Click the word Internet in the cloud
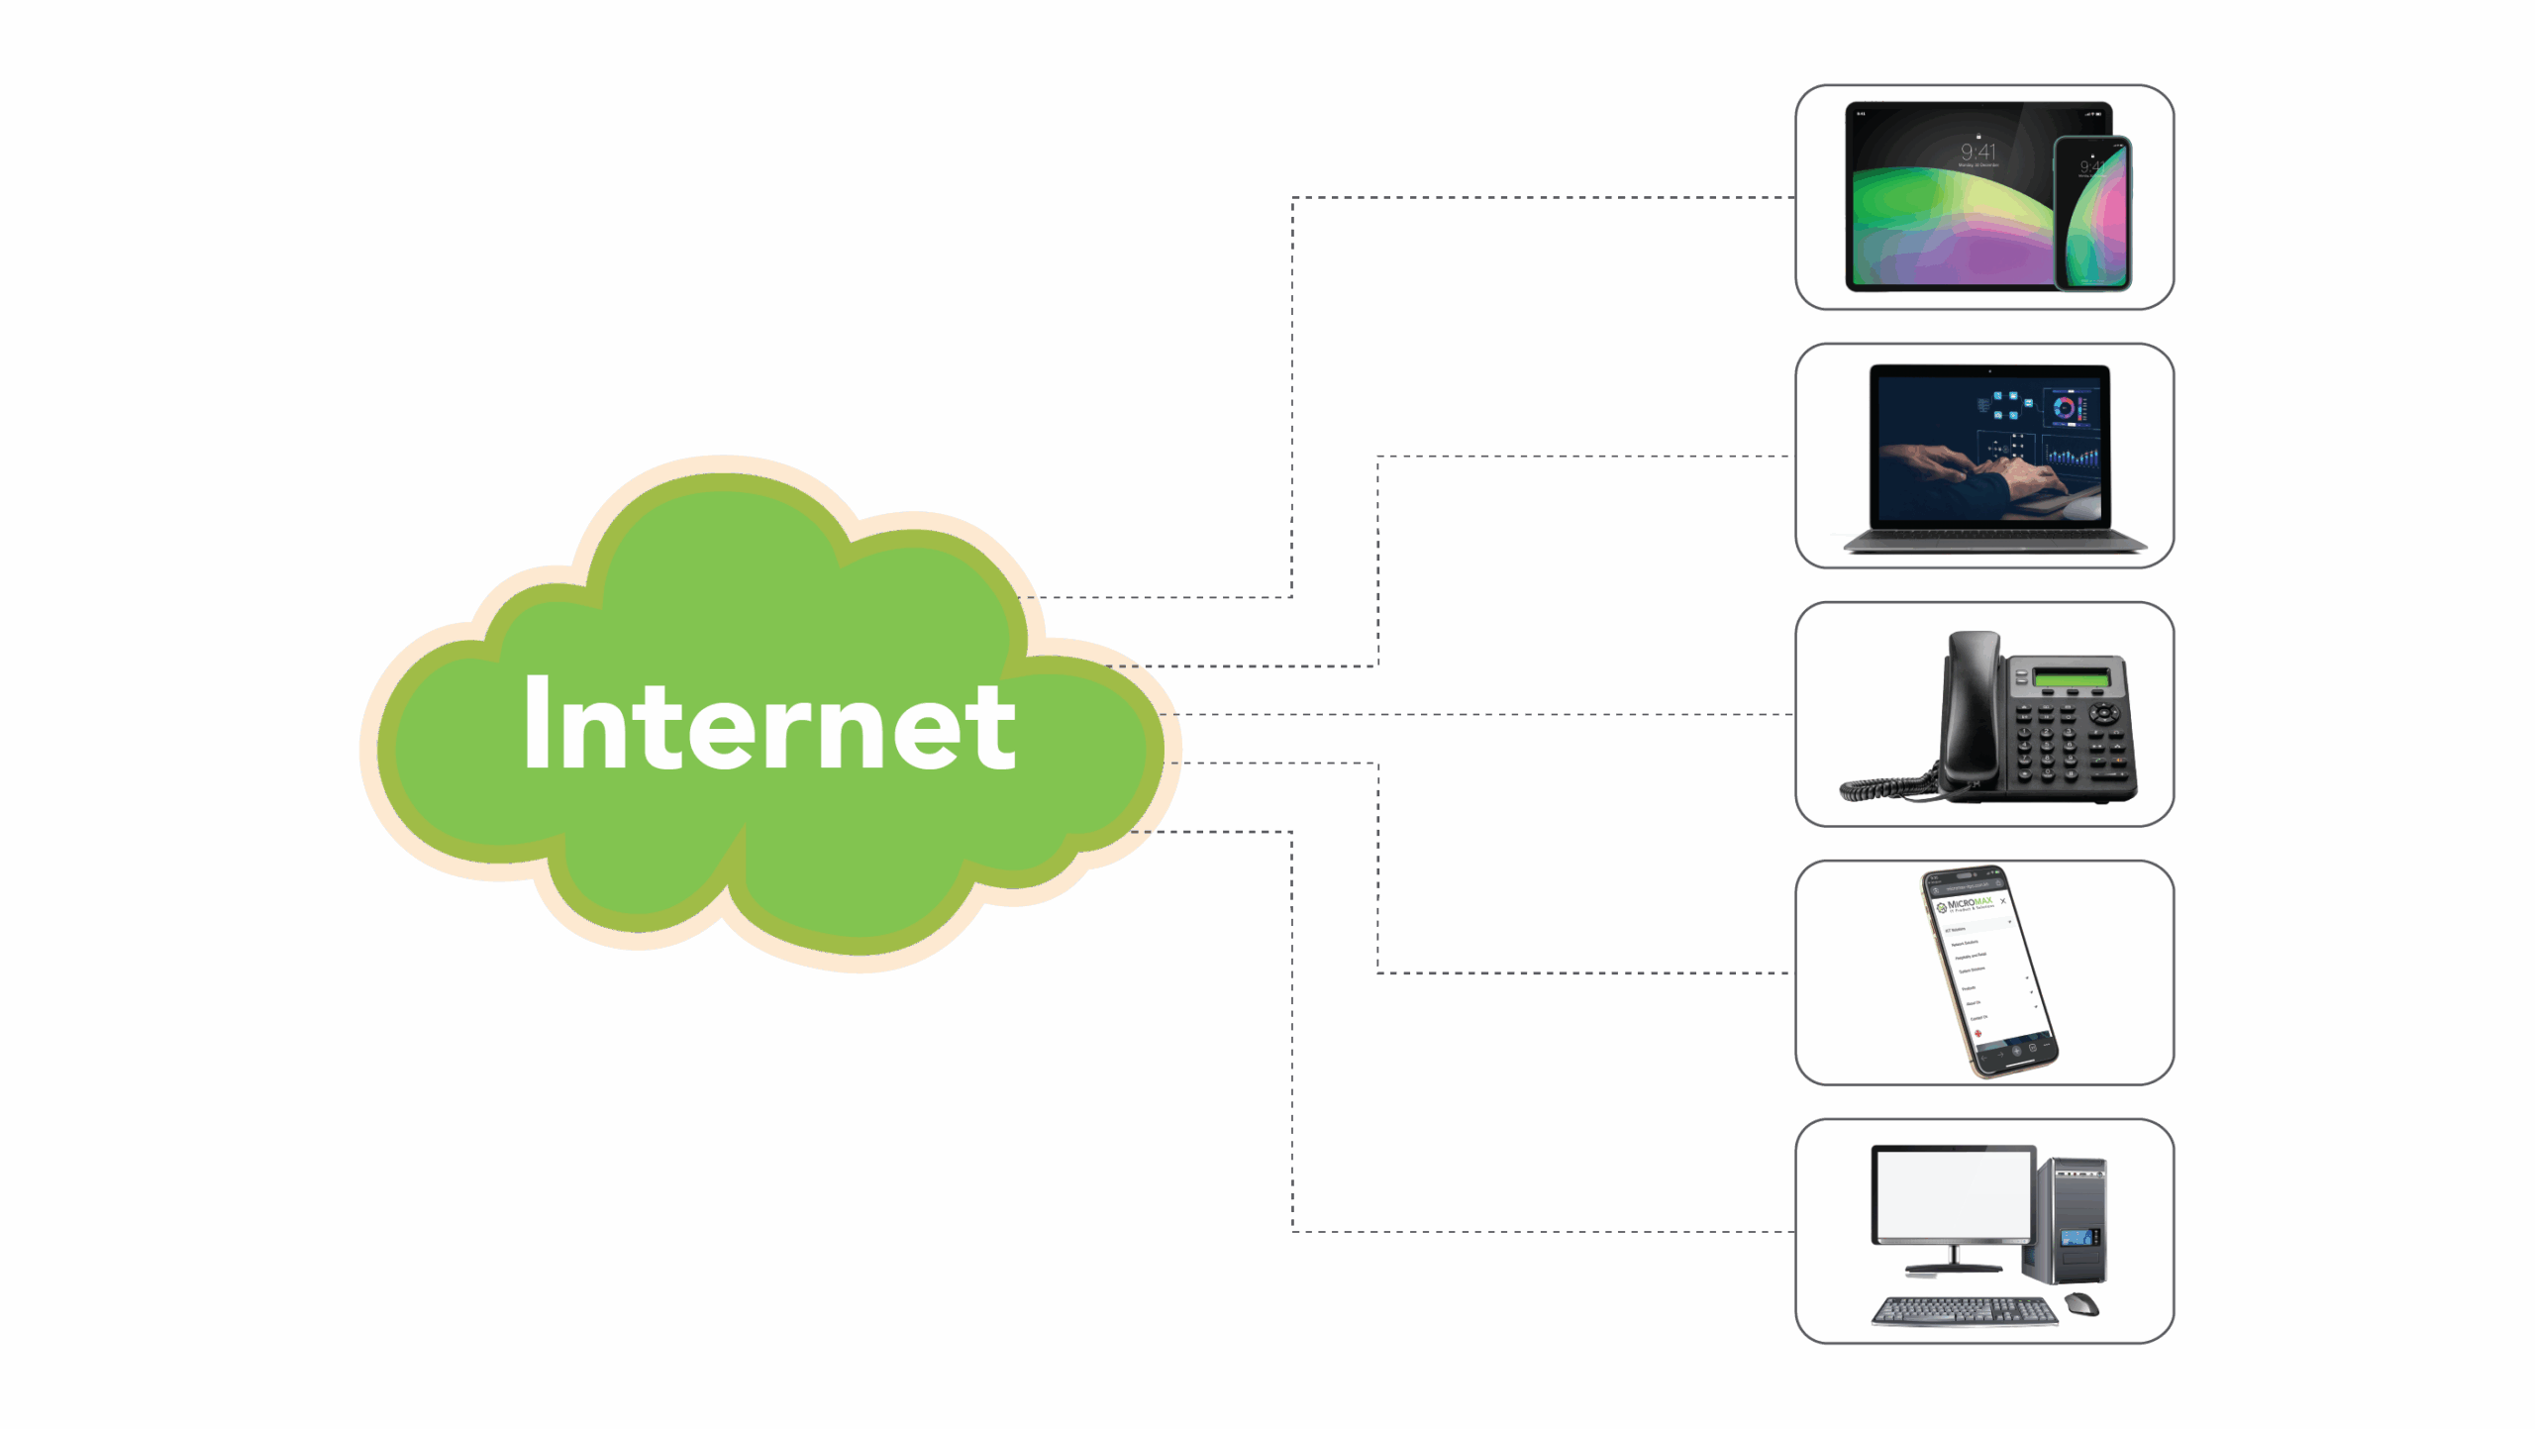coord(769,725)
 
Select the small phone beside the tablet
coord(2092,213)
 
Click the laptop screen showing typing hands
coord(1989,444)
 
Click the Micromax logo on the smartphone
coord(1967,904)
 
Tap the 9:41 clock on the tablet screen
coord(1978,152)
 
